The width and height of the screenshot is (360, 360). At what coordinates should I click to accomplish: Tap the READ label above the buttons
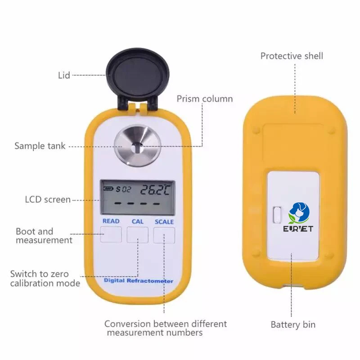(111, 221)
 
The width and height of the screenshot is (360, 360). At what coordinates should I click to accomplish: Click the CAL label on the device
(138, 221)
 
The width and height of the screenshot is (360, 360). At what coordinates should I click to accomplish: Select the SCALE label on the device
(164, 221)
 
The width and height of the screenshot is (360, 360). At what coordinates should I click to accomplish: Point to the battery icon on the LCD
(108, 189)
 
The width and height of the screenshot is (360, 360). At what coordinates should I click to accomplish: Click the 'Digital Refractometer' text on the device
(138, 281)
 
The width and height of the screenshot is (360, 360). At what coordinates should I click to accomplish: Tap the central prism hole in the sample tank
(138, 146)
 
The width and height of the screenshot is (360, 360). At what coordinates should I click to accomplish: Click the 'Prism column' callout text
(205, 99)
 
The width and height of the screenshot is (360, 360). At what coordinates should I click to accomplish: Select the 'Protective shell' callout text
(292, 56)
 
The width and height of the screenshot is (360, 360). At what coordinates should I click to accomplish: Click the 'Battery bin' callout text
(293, 324)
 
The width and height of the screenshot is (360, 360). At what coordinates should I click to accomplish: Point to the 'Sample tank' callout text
(40, 146)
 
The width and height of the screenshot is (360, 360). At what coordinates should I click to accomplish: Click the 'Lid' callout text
(64, 75)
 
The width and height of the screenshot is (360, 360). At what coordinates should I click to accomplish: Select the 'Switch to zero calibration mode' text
(45, 278)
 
